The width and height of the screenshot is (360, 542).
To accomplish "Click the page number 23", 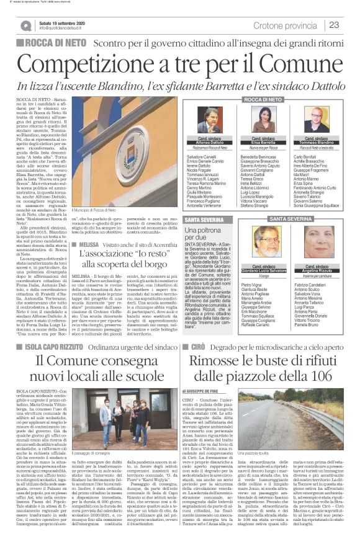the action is (334, 25).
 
